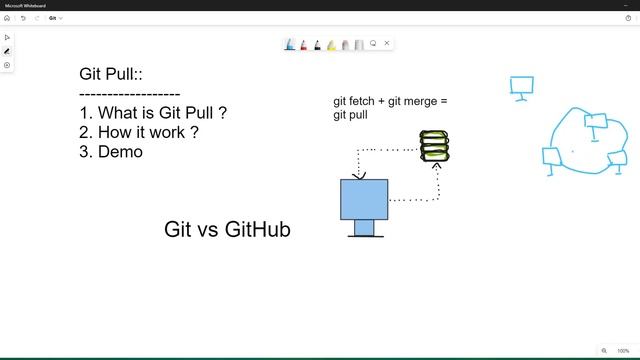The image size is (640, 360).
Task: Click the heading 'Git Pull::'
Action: click(x=113, y=75)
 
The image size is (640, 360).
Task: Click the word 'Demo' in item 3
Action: click(x=120, y=152)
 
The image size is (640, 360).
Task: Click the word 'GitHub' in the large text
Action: click(x=257, y=230)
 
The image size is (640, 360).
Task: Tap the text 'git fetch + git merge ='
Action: click(x=390, y=101)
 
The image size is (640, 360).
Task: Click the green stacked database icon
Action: click(x=434, y=146)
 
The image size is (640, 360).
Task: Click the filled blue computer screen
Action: click(x=364, y=199)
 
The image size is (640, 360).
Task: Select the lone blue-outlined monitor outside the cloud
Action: click(x=521, y=87)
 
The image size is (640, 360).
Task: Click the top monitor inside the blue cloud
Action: click(x=596, y=123)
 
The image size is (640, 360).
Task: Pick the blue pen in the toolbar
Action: click(x=290, y=44)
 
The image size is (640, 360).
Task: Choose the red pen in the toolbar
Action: click(x=304, y=44)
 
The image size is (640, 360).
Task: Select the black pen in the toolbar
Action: click(x=318, y=44)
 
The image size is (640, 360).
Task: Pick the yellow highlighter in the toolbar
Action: click(x=332, y=44)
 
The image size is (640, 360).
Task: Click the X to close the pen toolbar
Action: click(x=387, y=43)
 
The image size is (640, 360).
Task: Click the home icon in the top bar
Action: click(x=7, y=18)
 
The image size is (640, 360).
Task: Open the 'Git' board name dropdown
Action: click(x=56, y=18)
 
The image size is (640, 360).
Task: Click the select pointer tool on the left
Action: click(x=7, y=37)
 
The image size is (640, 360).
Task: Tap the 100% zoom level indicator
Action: click(x=623, y=351)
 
